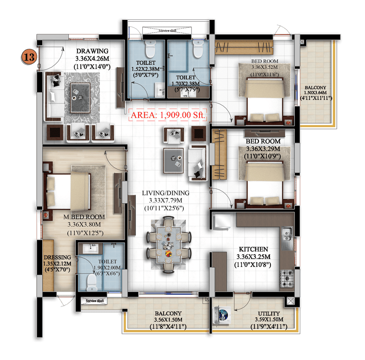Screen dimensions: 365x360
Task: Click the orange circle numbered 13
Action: tap(29, 57)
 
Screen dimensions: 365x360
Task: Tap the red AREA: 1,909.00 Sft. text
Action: tap(168, 115)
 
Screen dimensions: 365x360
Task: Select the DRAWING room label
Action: tap(92, 51)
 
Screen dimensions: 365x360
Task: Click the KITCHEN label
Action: tap(253, 249)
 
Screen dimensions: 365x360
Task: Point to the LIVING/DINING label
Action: tap(165, 193)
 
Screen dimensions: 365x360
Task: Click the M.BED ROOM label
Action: tap(84, 217)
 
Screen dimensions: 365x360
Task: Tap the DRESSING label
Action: tap(57, 257)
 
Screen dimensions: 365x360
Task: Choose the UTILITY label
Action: tap(269, 314)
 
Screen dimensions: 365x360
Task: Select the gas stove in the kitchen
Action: tap(287, 279)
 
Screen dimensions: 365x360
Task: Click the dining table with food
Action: tap(169, 245)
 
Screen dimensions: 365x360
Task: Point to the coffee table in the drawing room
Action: tap(80, 98)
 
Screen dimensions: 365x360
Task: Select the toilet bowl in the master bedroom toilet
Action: tap(92, 282)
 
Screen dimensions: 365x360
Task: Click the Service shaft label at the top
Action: tap(168, 31)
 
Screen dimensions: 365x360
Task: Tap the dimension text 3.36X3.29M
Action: tap(263, 149)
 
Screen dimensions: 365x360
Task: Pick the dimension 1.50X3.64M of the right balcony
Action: tap(315, 92)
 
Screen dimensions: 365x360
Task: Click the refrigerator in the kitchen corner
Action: tap(221, 221)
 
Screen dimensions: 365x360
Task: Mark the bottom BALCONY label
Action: tap(168, 314)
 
